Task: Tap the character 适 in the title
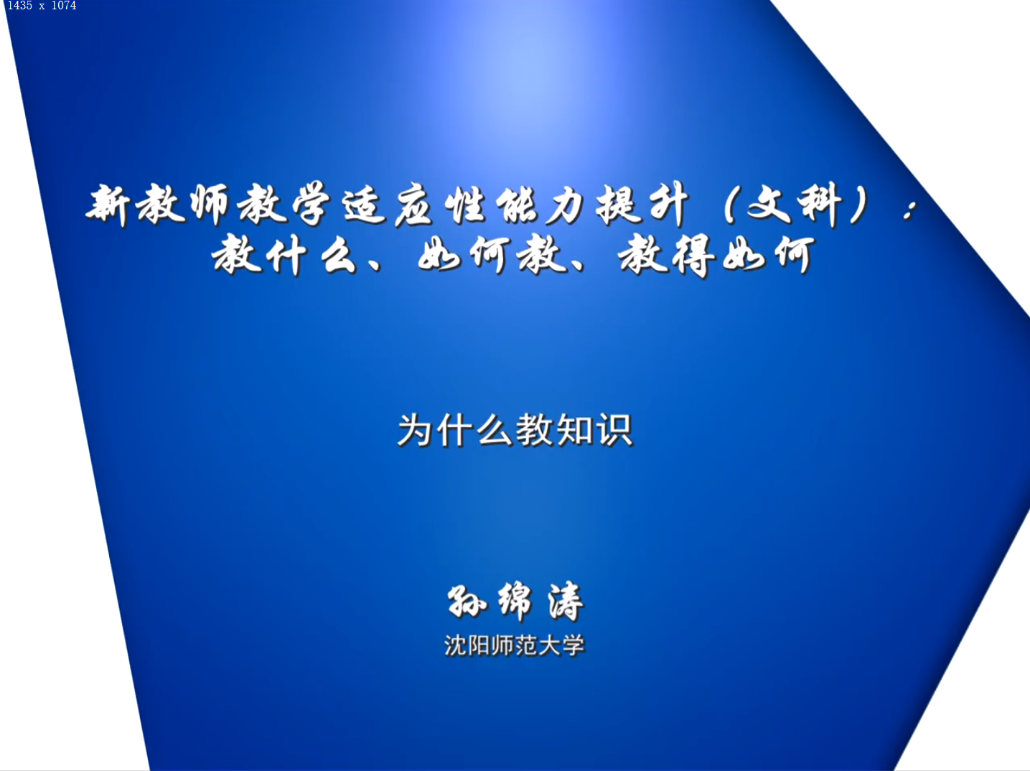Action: [x=365, y=205]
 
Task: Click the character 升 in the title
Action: [x=669, y=205]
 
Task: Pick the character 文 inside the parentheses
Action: [x=770, y=205]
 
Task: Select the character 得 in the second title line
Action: [x=694, y=256]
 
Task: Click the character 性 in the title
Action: [x=464, y=205]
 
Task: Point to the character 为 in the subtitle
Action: [x=414, y=429]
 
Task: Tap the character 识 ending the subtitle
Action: [x=614, y=429]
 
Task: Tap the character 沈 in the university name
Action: [x=455, y=645]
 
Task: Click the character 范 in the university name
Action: [x=525, y=645]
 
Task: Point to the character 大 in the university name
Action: [x=549, y=645]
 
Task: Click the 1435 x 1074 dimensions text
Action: [x=42, y=6]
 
